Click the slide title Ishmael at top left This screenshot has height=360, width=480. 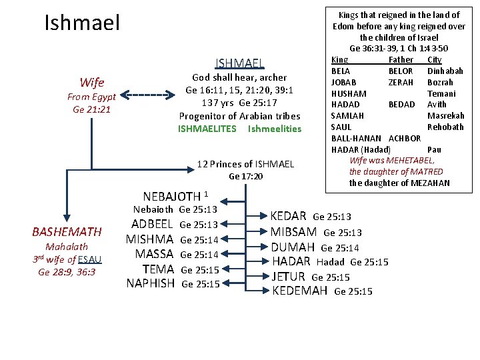[82, 24]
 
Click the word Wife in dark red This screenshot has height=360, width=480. [91, 83]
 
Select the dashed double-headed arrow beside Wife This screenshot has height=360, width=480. [147, 95]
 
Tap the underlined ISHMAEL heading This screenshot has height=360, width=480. [239, 63]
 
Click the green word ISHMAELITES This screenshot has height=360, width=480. [207, 129]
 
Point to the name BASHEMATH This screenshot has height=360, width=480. [67, 232]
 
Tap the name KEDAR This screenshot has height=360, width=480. [288, 216]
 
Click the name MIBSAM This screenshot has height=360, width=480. [293, 232]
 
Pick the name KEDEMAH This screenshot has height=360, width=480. [300, 291]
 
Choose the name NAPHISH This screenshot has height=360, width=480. [150, 283]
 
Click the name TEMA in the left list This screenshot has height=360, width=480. [159, 269]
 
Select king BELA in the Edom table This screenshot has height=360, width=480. [341, 71]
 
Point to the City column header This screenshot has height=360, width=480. [434, 60]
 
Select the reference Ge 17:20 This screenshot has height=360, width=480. [245, 177]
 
